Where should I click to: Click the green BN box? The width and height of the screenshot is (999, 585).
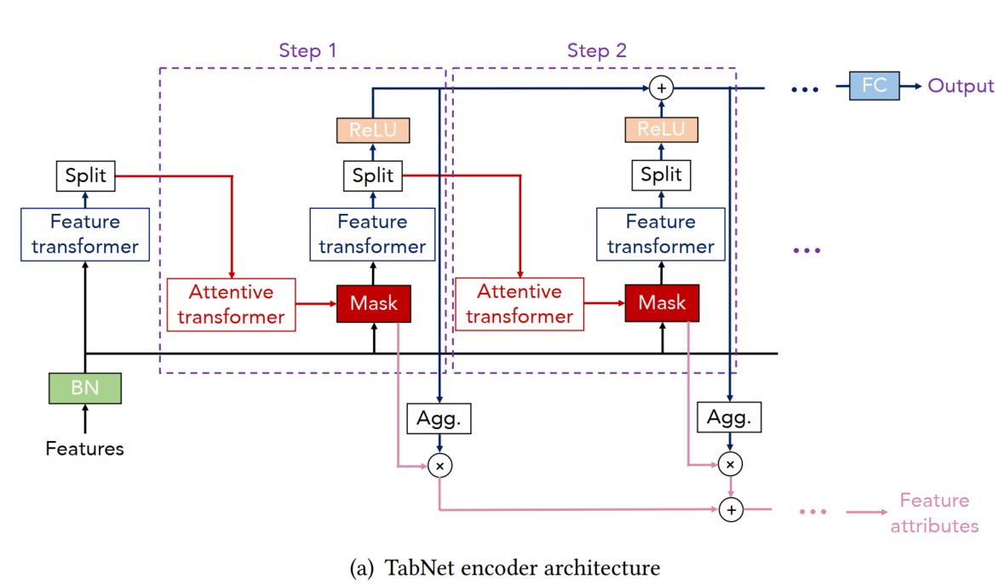(x=84, y=387)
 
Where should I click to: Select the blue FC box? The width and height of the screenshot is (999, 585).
(x=874, y=86)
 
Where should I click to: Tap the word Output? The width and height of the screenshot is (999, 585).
(x=961, y=86)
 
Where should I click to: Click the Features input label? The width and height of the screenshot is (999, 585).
(x=84, y=449)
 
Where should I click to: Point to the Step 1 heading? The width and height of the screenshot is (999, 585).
(x=307, y=50)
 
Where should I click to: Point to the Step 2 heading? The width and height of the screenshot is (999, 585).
(x=597, y=50)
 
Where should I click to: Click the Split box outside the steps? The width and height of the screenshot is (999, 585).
(x=86, y=176)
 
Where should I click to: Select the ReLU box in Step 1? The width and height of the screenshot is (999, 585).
(x=373, y=130)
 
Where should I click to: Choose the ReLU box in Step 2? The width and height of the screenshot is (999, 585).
(x=661, y=129)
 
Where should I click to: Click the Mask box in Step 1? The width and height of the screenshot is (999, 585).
(x=374, y=304)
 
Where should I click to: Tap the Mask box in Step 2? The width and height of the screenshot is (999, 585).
(x=662, y=304)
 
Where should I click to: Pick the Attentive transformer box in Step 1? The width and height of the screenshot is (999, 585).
(x=231, y=305)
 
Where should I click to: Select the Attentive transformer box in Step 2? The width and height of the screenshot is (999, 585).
(x=520, y=304)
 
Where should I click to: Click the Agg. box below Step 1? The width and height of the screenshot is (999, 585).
(x=439, y=418)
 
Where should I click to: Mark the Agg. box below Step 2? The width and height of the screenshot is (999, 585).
(x=729, y=418)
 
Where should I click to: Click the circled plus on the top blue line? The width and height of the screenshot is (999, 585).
(x=661, y=87)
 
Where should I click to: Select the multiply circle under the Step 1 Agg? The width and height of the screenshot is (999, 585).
(x=440, y=465)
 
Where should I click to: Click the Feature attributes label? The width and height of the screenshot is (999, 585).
(x=934, y=513)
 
